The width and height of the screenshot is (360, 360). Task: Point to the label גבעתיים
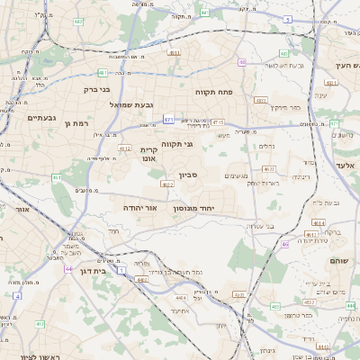click(x=42, y=118)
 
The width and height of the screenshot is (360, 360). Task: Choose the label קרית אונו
click(x=148, y=153)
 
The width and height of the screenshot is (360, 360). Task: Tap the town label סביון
click(x=186, y=176)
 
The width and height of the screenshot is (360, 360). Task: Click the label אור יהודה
click(x=139, y=208)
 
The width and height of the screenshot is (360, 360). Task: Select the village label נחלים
click(x=269, y=145)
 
